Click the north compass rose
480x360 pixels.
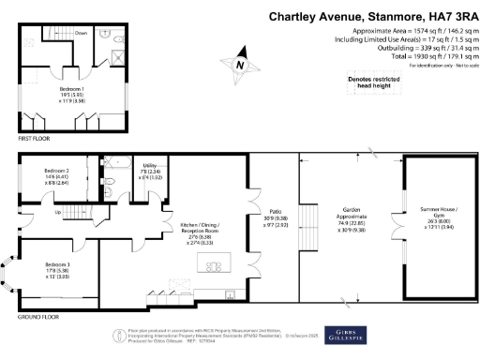(241, 67)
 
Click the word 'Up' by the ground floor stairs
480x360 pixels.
(58, 213)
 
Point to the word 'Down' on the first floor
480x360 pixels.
(82, 33)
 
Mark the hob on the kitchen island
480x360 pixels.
(212, 268)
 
